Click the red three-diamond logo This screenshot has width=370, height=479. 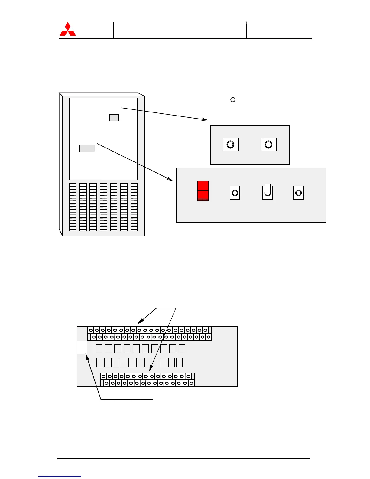click(x=68, y=29)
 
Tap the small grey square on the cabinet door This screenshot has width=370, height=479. click(x=114, y=118)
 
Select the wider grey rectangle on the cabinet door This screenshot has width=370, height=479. click(x=87, y=148)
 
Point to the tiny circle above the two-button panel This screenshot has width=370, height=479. click(x=233, y=99)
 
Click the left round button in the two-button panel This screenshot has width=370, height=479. click(x=230, y=145)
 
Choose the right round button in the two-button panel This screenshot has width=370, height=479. click(x=268, y=145)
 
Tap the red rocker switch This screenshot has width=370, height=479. click(x=203, y=191)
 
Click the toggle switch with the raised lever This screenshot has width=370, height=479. click(x=268, y=192)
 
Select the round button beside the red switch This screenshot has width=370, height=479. click(x=235, y=193)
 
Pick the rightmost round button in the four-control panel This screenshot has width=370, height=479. click(x=298, y=193)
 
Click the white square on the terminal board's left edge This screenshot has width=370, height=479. click(x=82, y=347)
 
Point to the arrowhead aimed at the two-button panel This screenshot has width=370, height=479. click(x=205, y=119)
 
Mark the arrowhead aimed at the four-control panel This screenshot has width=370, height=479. click(x=170, y=179)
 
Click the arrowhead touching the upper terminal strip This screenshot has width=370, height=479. click(x=139, y=323)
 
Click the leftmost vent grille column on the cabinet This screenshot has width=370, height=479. click(x=73, y=207)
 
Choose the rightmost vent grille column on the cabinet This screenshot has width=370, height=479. click(x=134, y=207)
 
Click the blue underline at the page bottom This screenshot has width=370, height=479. click(x=60, y=476)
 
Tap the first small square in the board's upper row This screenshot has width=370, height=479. click(x=99, y=349)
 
